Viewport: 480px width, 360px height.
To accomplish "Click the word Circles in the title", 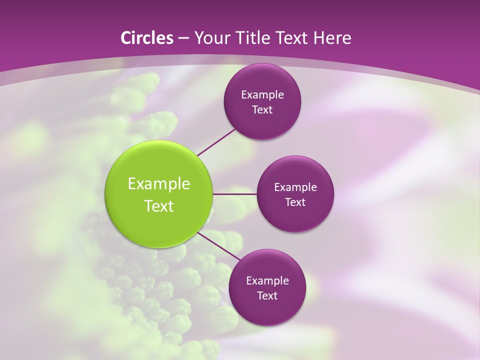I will coord(146,38).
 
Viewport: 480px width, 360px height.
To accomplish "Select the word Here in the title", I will coord(332,38).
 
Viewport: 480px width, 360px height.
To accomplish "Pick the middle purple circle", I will coord(295,215).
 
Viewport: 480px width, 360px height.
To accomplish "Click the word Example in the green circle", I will coord(159,184).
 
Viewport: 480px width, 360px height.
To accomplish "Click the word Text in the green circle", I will coord(159,206).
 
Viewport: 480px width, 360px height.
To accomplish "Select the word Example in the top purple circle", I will coord(262,94).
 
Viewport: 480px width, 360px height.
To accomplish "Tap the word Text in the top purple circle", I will coord(262,109).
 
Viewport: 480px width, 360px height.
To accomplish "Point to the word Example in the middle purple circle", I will coord(295,187).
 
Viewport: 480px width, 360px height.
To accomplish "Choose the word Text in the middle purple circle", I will coord(295,202).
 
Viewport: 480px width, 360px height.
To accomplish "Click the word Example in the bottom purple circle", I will coord(267,280).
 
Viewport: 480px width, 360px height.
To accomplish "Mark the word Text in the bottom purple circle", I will coord(267,295).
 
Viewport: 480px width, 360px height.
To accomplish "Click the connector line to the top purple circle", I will coord(216,141).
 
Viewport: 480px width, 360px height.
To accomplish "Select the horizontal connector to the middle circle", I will coord(234,193).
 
